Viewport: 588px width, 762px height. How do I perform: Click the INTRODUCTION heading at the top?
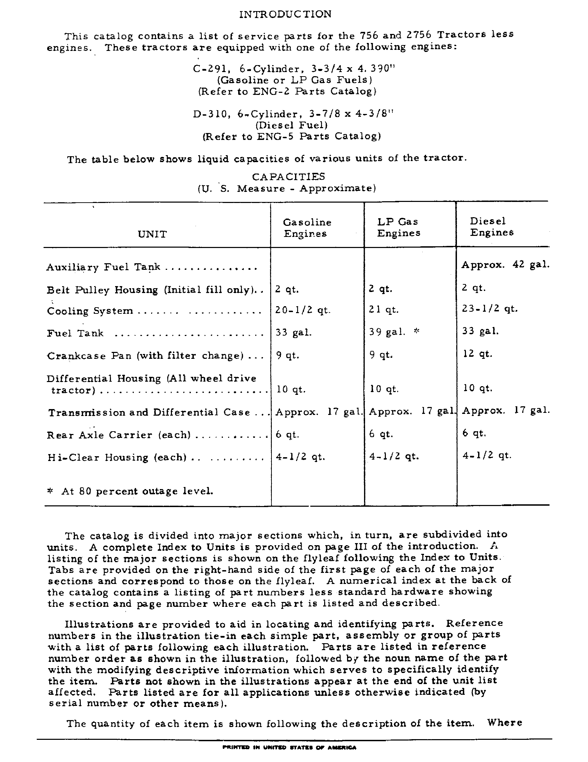(x=285, y=14)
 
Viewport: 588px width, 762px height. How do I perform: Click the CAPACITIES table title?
(x=288, y=177)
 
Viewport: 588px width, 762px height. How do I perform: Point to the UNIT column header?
(x=152, y=234)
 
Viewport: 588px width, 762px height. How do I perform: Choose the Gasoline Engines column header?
(x=306, y=228)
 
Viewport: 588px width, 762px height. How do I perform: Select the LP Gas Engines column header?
(x=398, y=227)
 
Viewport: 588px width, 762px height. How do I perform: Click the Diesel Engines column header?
(x=492, y=227)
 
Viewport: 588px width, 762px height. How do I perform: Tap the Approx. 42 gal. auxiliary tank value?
(x=505, y=265)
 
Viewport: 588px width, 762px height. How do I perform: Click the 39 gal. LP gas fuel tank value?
(x=387, y=332)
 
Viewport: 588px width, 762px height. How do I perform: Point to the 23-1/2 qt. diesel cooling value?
(x=490, y=309)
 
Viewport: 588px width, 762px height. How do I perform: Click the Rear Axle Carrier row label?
(x=119, y=435)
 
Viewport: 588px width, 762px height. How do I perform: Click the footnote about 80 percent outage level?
(x=130, y=491)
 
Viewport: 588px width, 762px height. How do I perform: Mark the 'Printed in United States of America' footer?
(x=289, y=747)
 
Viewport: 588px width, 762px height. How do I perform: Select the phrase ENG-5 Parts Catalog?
(x=318, y=136)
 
